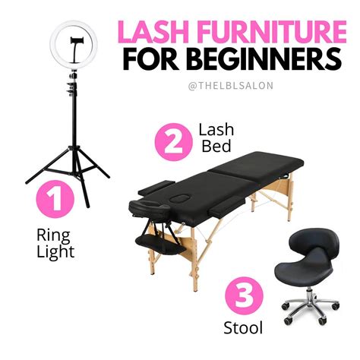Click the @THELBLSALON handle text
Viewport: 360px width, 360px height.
(x=231, y=86)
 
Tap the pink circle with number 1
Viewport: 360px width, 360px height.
(x=55, y=199)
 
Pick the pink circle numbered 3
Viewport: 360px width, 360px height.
(x=244, y=295)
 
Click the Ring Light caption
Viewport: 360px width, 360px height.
(x=55, y=243)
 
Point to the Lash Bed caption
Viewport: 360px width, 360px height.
(x=216, y=138)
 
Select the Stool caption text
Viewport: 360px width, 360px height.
(x=243, y=328)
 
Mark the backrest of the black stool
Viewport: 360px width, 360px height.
(x=314, y=241)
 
